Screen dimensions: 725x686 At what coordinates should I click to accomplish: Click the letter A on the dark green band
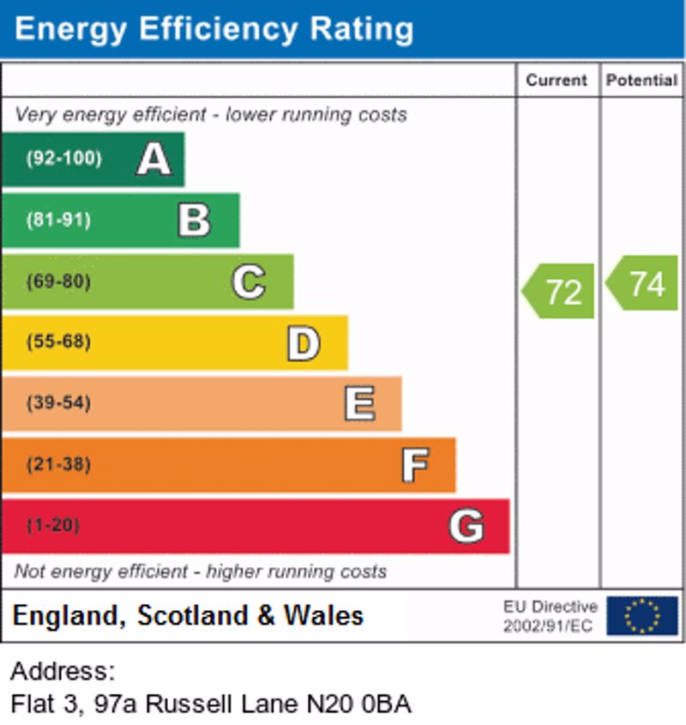[153, 159]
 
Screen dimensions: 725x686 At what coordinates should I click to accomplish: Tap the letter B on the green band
[194, 220]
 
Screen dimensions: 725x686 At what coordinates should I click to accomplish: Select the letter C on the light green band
[249, 281]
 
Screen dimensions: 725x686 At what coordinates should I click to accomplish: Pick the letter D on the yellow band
[303, 343]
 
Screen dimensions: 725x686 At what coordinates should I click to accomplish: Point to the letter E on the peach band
[359, 404]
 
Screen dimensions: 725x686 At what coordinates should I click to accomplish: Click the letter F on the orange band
[415, 465]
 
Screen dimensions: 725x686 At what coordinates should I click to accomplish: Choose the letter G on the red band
[466, 526]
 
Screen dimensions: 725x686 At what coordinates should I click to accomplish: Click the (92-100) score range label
[63, 159]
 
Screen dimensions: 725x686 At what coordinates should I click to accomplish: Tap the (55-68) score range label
[58, 342]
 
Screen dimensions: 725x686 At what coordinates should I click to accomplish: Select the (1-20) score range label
[53, 525]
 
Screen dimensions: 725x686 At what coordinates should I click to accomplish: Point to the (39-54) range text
[58, 403]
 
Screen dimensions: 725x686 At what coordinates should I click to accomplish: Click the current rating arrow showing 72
[559, 291]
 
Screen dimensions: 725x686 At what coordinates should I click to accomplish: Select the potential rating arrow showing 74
[643, 283]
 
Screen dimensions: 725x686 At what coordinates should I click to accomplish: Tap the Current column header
[557, 81]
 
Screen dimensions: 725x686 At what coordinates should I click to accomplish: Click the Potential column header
[641, 81]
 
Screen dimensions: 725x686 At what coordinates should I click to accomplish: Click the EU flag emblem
[641, 616]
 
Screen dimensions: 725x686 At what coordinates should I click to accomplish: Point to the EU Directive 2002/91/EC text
[550, 616]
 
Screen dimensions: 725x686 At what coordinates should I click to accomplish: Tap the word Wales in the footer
[324, 615]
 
